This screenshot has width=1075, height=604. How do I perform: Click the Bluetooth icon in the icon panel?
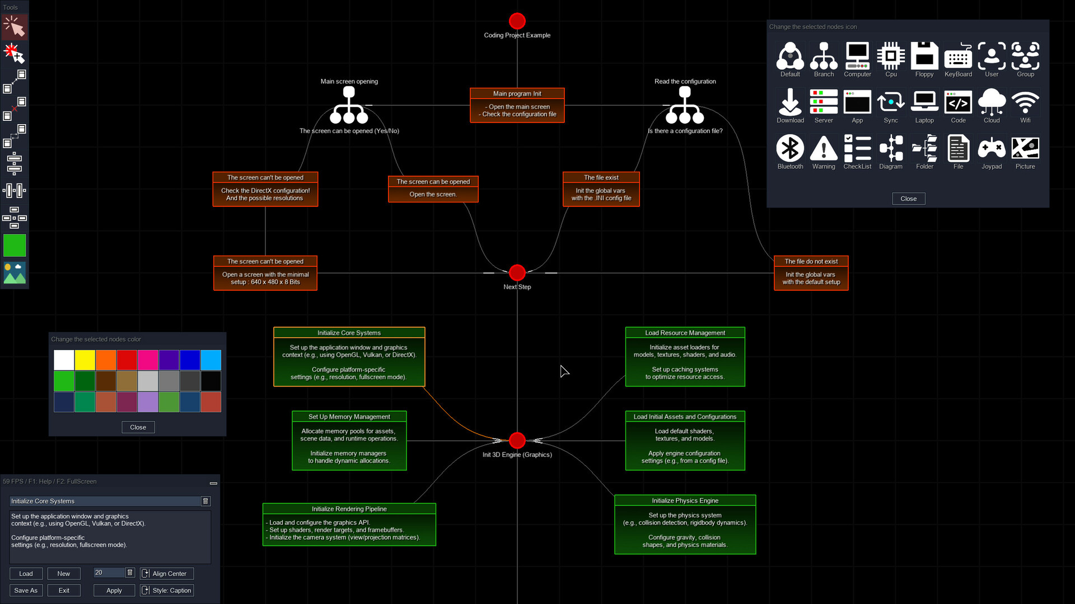point(790,149)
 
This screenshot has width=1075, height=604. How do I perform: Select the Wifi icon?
point(1025,102)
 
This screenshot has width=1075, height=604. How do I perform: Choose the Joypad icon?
point(992,149)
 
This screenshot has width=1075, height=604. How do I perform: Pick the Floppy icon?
point(924,56)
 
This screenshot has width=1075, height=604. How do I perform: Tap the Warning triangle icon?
point(824,149)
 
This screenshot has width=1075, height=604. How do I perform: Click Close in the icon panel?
point(908,199)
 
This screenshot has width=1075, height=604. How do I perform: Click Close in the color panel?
point(138,427)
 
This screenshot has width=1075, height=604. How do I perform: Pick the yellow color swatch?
point(85,360)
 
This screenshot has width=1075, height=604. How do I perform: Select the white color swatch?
point(64,360)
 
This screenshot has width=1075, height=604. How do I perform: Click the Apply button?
point(114,591)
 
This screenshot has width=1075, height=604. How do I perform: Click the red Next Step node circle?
point(517,273)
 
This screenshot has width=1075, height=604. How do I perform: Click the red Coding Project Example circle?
point(517,21)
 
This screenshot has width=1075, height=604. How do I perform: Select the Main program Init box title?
point(517,93)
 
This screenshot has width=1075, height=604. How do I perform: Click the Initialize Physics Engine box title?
point(685,501)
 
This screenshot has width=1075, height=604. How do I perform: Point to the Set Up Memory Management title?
point(349,417)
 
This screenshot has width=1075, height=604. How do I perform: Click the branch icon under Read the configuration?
point(685,106)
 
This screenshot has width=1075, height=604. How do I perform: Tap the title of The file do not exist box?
point(811,261)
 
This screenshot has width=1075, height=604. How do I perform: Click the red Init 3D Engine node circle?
point(517,441)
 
